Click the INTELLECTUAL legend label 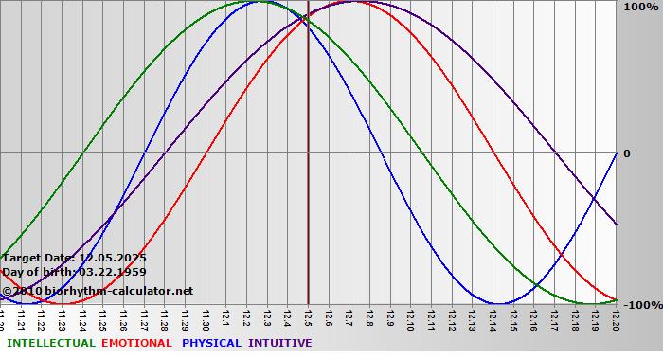click(x=49, y=343)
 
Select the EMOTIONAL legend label click(x=136, y=343)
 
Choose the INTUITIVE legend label click(x=280, y=343)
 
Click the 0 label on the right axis click(x=626, y=153)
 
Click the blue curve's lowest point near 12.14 click(x=497, y=304)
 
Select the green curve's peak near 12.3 click(x=262, y=2)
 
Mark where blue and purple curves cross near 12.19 click(x=594, y=197)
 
